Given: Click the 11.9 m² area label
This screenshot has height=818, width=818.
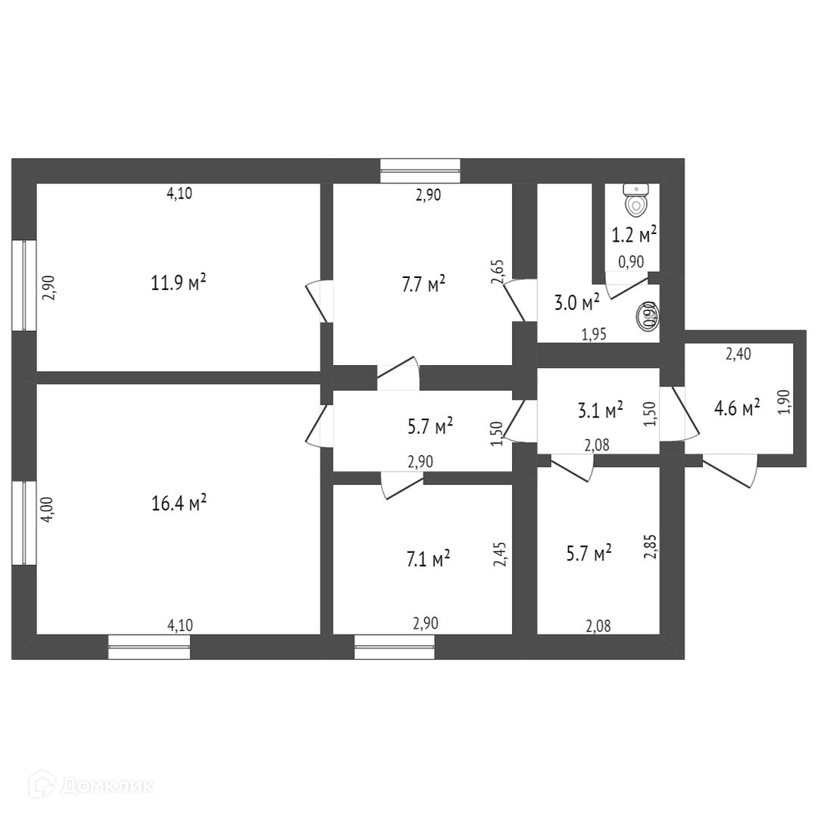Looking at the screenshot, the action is pyautogui.click(x=179, y=283).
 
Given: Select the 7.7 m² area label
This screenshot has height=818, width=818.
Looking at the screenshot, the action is pyautogui.click(x=426, y=285).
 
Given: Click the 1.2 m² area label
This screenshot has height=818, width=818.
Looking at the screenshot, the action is pyautogui.click(x=634, y=235).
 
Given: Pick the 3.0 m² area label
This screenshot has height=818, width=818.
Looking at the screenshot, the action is pyautogui.click(x=577, y=303).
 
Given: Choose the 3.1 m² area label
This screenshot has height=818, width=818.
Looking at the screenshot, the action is pyautogui.click(x=600, y=410).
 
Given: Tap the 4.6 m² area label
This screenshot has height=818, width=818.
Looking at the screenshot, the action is pyautogui.click(x=737, y=409).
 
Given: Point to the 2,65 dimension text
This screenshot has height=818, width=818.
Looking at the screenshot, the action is pyautogui.click(x=498, y=271).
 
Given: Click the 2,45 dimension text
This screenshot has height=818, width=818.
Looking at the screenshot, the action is pyautogui.click(x=498, y=554).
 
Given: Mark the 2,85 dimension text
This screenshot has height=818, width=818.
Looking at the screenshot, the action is pyautogui.click(x=649, y=546).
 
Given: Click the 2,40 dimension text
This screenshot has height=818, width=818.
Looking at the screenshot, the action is pyautogui.click(x=738, y=352).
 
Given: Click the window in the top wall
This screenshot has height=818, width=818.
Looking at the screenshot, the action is pyautogui.click(x=420, y=170).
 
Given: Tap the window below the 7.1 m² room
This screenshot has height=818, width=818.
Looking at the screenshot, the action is pyautogui.click(x=395, y=646).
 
